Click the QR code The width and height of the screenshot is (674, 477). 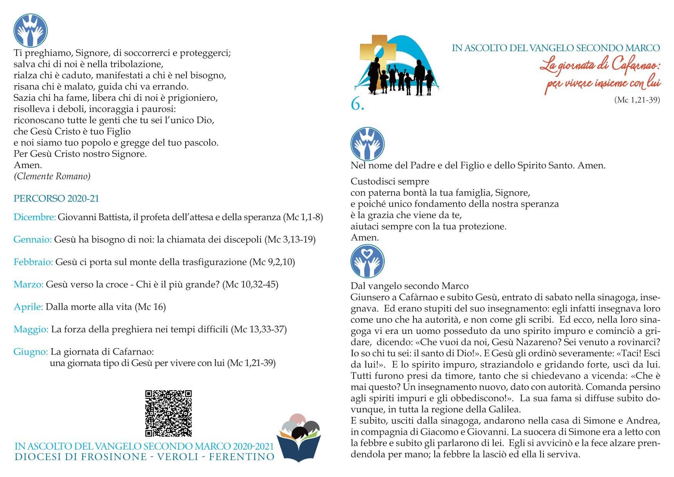(168, 413)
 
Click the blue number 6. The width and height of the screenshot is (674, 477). (357, 104)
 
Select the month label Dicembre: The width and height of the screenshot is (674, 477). (35, 217)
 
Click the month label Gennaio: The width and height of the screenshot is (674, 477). (33, 240)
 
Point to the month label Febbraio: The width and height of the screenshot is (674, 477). (33, 262)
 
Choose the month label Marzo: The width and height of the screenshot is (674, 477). (28, 285)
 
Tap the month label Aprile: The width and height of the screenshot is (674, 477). (28, 307)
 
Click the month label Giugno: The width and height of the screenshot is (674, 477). (31, 352)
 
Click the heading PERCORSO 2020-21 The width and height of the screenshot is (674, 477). (56, 198)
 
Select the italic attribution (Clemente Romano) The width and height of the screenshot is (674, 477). (52, 177)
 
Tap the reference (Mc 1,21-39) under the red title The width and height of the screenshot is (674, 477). (637, 100)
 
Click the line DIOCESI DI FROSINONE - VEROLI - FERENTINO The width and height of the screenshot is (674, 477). (144, 457)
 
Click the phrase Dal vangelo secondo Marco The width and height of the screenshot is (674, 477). (410, 286)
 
